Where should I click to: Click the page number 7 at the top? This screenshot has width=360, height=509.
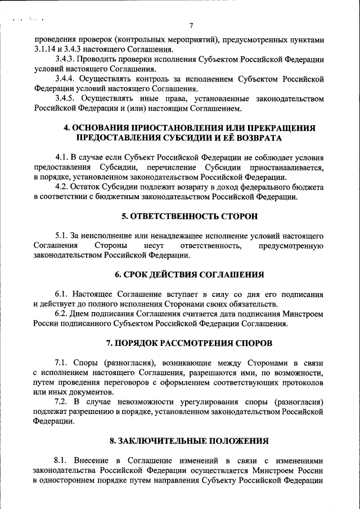pyautogui.click(x=191, y=26)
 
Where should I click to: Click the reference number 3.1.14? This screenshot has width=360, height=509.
pyautogui.click(x=46, y=50)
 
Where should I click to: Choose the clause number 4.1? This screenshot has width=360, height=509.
pyautogui.click(x=62, y=157)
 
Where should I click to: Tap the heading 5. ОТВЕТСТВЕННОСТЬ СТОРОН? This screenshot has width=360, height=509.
pyautogui.click(x=190, y=216)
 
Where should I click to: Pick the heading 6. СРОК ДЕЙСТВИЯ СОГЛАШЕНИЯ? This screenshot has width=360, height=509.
pyautogui.click(x=190, y=274)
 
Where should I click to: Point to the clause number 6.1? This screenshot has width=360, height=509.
pyautogui.click(x=62, y=294)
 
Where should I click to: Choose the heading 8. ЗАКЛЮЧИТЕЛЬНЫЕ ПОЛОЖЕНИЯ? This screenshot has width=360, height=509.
pyautogui.click(x=190, y=441)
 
